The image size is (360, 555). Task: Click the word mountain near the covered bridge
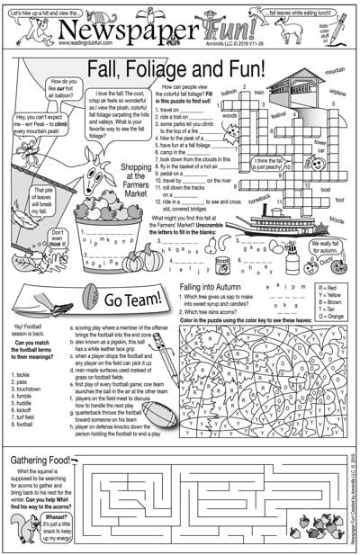(335, 70)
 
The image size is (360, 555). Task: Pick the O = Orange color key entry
(335, 315)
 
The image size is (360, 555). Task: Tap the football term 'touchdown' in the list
(31, 365)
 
